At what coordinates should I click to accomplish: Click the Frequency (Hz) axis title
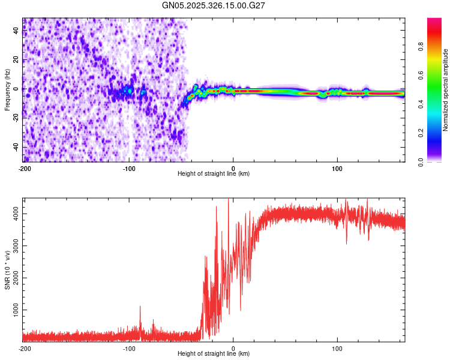(7, 90)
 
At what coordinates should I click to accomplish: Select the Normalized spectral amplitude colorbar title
(446, 90)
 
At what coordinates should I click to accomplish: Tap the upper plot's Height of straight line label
(214, 173)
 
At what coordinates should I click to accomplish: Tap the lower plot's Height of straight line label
(214, 353)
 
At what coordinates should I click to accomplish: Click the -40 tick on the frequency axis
(15, 147)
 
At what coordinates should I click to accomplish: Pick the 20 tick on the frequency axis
(16, 60)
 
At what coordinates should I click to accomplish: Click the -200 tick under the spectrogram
(25, 169)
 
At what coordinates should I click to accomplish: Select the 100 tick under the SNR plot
(337, 349)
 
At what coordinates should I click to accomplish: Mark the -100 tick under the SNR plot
(129, 349)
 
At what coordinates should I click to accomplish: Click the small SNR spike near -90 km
(140, 307)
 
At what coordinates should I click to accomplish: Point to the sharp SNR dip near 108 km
(346, 242)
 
